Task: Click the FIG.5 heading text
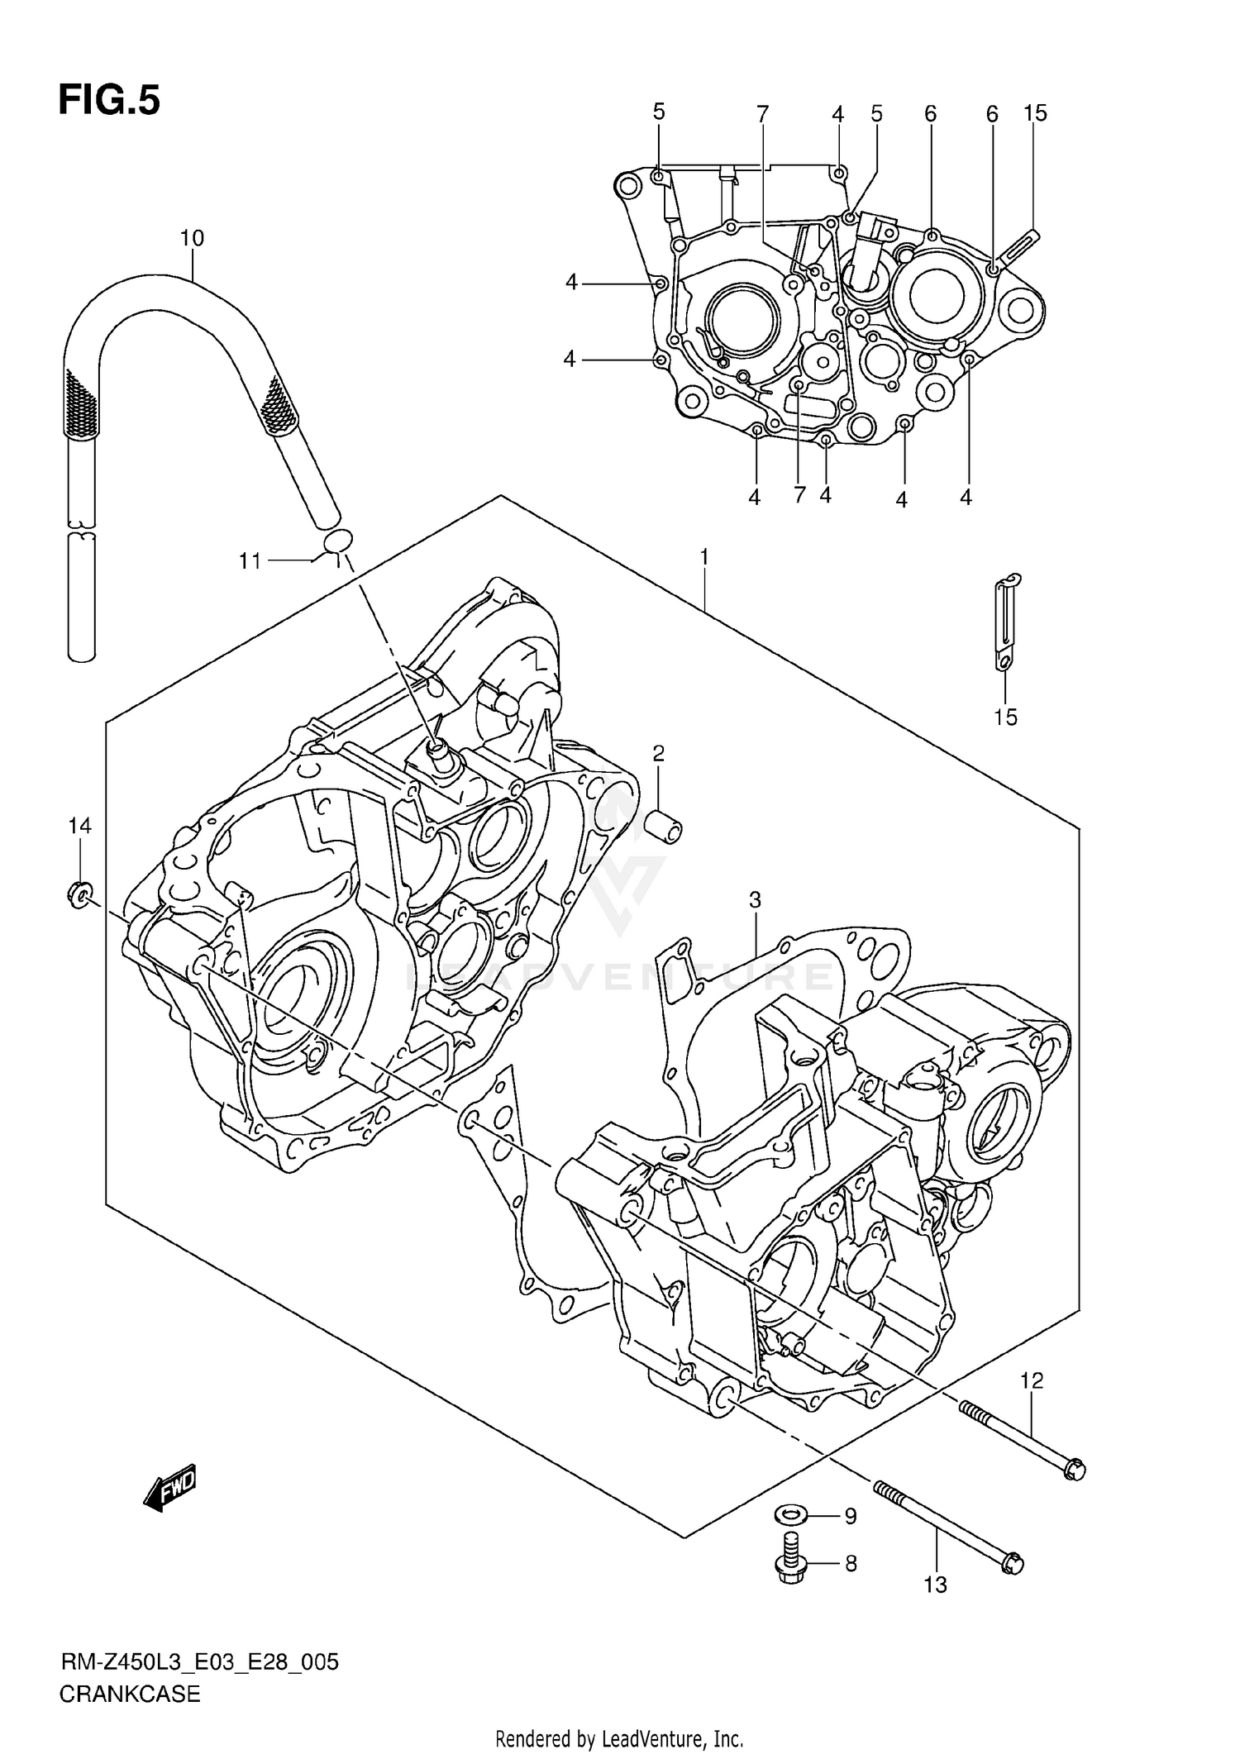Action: [109, 101]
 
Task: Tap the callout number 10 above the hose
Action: [192, 239]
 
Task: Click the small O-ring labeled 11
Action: [337, 541]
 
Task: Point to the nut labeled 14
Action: [79, 894]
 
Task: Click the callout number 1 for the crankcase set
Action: [703, 558]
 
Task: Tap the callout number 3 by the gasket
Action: [755, 899]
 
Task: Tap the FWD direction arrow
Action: [170, 1489]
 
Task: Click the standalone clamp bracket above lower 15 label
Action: [1005, 624]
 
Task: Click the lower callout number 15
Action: [1005, 717]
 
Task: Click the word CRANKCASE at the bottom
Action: [130, 1694]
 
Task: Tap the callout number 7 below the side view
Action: [799, 495]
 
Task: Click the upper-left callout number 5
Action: [659, 112]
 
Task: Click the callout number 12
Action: [1032, 1380]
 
